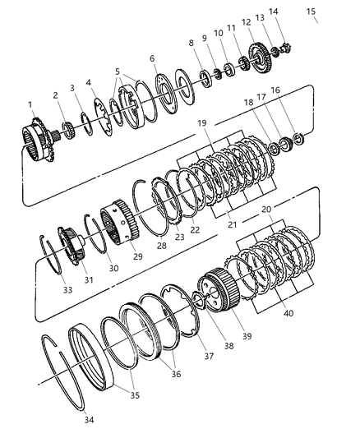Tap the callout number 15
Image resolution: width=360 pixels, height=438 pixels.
(310, 11)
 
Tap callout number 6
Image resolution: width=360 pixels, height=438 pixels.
(153, 58)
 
